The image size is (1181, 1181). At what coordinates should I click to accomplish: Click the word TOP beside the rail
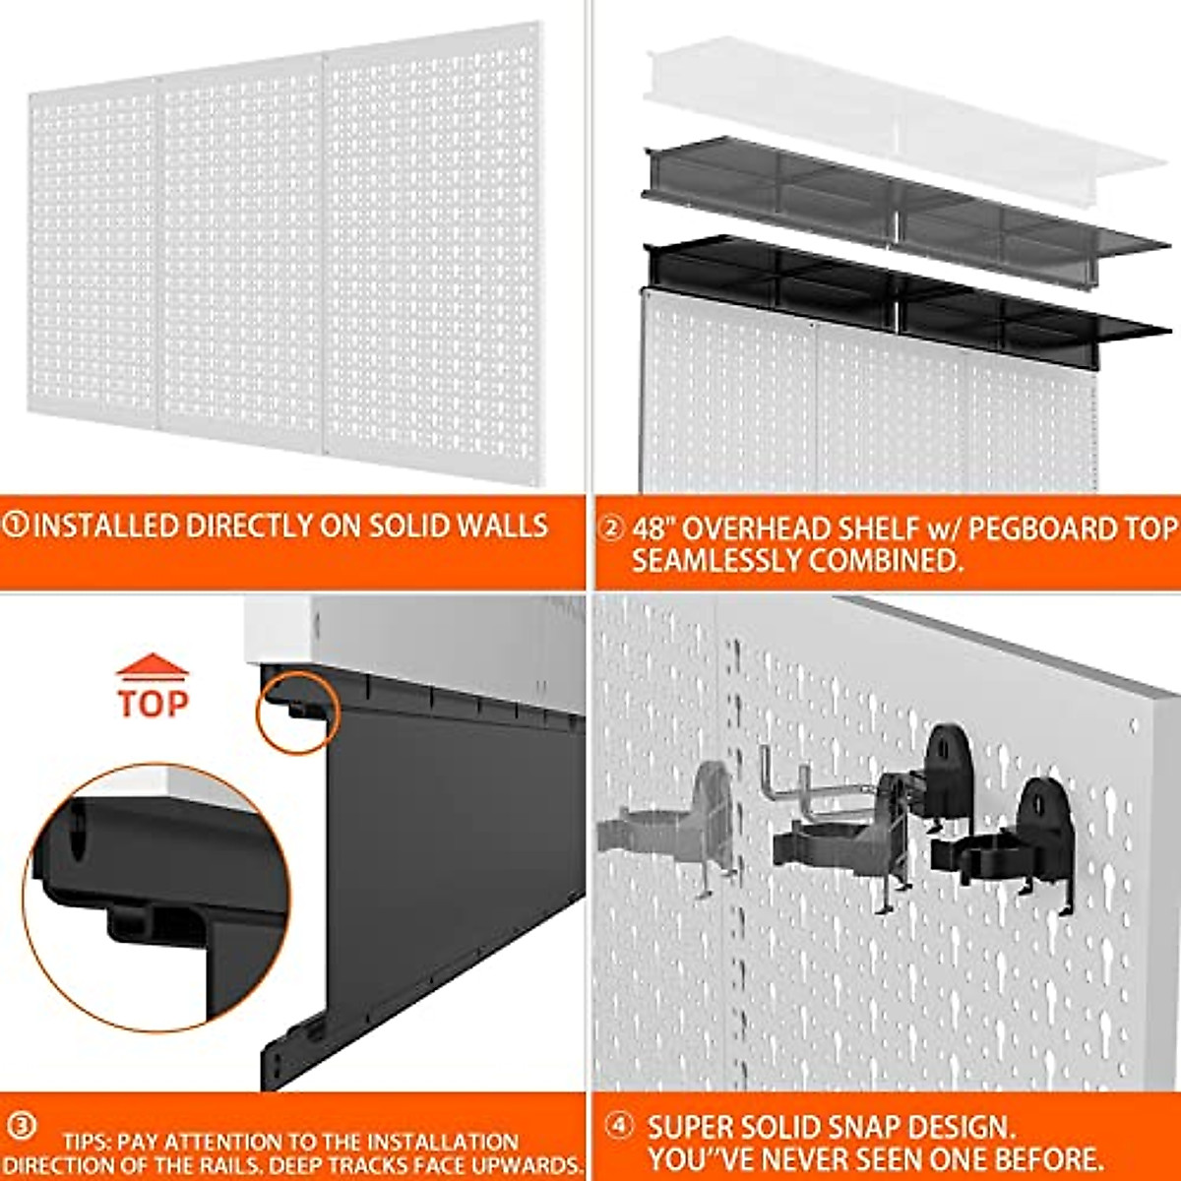(153, 703)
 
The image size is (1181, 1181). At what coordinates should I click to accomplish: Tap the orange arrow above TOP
(153, 667)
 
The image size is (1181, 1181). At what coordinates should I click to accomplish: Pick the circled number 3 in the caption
(21, 1125)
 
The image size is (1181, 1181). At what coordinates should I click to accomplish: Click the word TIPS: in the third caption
(88, 1143)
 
